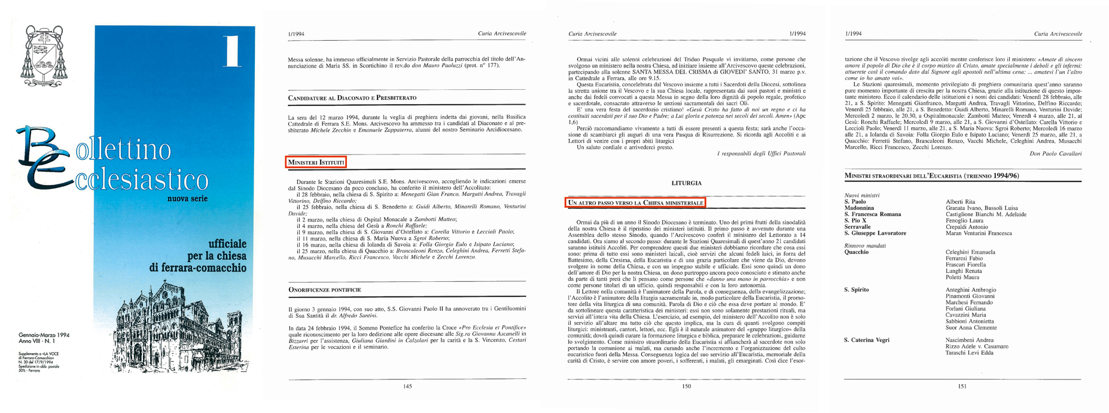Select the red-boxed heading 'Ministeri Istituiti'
coord(316,162)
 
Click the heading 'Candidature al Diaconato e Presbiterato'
coord(352,98)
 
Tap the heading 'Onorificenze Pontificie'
coord(324,290)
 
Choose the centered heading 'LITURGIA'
coord(686,183)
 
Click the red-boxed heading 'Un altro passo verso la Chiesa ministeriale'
coord(635,204)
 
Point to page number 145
coord(407,387)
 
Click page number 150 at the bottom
coord(687,387)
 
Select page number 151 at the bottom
coord(962,387)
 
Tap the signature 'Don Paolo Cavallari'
coord(1056,154)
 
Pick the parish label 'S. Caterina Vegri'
coord(866,340)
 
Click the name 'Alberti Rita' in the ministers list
coord(961,202)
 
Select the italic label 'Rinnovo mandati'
coord(864,246)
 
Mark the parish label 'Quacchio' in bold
coord(856,252)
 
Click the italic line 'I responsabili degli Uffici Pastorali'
coord(761,154)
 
